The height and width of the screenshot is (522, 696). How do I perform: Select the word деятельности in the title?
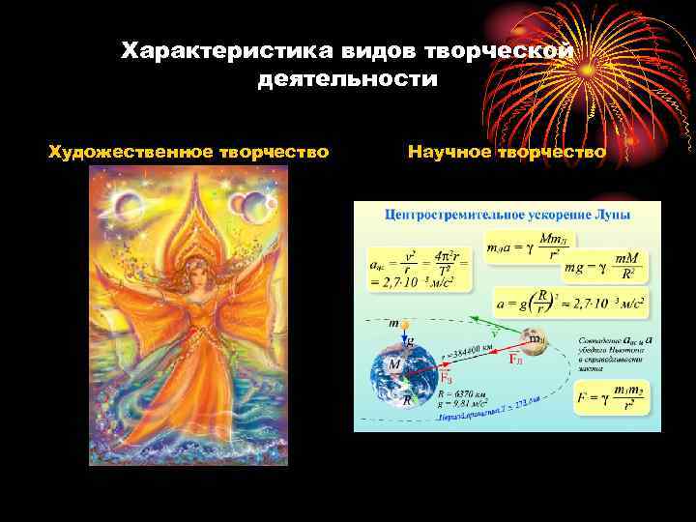347,79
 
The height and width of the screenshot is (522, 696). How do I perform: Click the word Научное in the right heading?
449,152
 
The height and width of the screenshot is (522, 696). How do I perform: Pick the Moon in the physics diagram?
533,341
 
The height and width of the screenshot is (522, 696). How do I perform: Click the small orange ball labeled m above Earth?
405,323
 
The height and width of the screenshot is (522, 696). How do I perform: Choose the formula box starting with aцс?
418,266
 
